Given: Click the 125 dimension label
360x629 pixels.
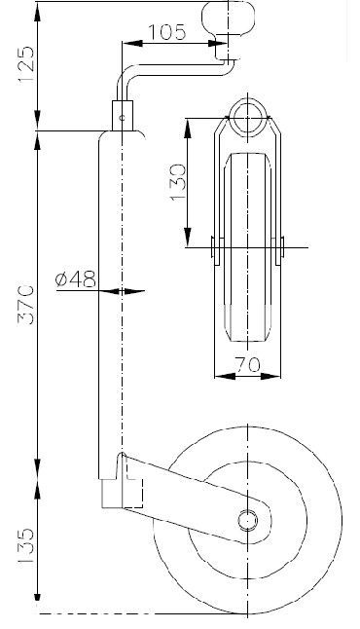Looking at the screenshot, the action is click(x=26, y=64).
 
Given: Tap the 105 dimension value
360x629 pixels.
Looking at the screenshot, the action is click(x=167, y=32).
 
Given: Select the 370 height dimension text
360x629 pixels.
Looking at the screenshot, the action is click(x=26, y=305).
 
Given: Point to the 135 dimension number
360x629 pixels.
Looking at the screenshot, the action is click(x=26, y=545).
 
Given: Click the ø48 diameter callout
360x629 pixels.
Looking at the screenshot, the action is click(x=76, y=279).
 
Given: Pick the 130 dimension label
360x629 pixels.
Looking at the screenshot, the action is click(x=178, y=182).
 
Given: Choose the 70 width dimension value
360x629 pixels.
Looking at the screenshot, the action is click(x=247, y=364).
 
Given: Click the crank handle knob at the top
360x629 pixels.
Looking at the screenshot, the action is click(x=228, y=18).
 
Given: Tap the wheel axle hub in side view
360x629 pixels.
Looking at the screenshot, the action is click(x=247, y=520).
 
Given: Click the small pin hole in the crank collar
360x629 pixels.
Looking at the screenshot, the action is click(x=123, y=118).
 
